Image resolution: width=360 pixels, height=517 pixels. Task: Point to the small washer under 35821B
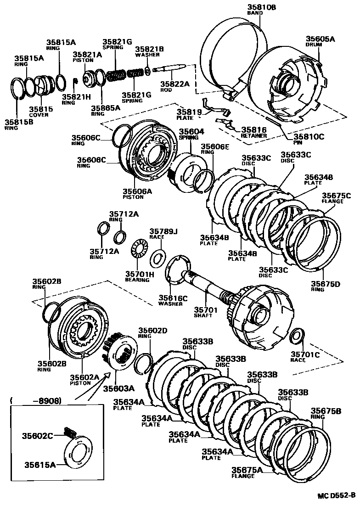click(147, 71)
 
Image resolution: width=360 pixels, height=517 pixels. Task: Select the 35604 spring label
click(191, 131)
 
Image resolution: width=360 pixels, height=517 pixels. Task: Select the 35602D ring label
click(153, 330)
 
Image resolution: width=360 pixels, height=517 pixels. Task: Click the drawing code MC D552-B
click(336, 495)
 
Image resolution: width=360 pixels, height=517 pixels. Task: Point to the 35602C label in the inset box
click(38, 434)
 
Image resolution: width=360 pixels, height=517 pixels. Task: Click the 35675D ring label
click(326, 284)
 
